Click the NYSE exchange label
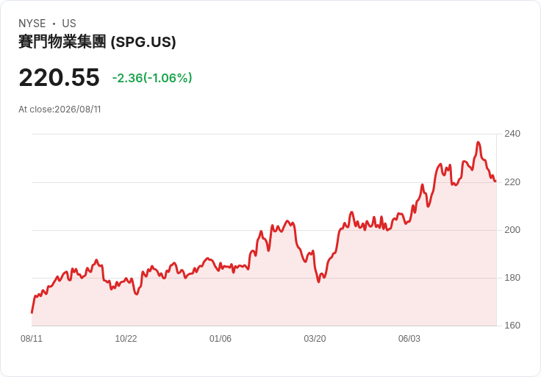tap(32, 24)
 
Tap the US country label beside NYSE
tap(69, 24)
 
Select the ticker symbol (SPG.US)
tap(143, 42)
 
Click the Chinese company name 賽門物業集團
tap(62, 42)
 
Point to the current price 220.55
tap(60, 77)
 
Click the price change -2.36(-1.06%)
tap(152, 78)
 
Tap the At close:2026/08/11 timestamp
tap(60, 109)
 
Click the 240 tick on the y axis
tap(512, 134)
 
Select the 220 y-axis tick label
tap(512, 182)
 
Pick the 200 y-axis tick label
tap(512, 230)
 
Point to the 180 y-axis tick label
tap(512, 278)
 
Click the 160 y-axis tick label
tap(512, 326)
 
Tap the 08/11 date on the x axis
tap(32, 339)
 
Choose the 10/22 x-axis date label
tap(126, 339)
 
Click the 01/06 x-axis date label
tap(220, 339)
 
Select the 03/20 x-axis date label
tap(315, 339)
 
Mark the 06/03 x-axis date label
tap(409, 339)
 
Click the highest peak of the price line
tap(479, 142)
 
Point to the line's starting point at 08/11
tap(32, 312)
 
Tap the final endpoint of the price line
tap(495, 181)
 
